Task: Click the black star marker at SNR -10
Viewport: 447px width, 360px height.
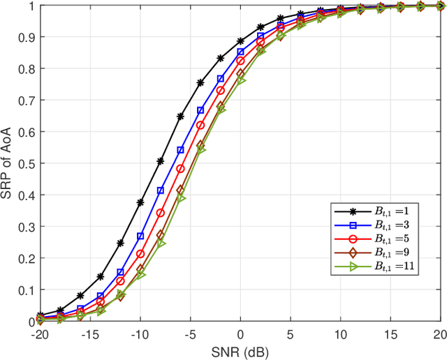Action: [140, 202]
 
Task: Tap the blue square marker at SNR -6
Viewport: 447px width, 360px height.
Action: [180, 150]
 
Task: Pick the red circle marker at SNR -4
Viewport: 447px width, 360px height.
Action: [200, 126]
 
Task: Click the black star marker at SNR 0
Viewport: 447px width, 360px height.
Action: [240, 41]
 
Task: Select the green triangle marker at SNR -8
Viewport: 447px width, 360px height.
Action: [161, 243]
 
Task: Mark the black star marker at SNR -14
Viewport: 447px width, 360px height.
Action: [100, 276]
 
